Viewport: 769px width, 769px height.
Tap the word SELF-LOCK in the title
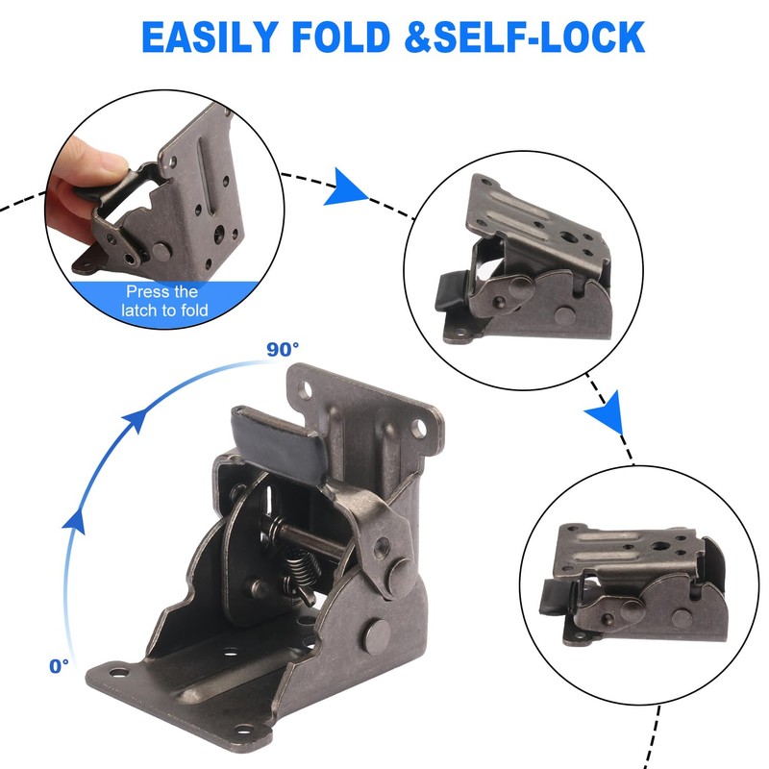(556, 37)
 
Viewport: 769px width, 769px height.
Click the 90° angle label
(283, 347)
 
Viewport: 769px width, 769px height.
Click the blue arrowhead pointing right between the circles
(344, 187)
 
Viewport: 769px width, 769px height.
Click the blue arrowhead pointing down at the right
(605, 415)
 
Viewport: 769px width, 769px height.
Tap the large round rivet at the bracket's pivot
(378, 634)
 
